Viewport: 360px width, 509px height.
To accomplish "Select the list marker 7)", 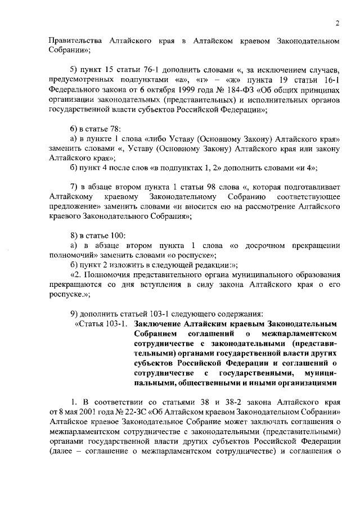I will [x=73, y=186].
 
